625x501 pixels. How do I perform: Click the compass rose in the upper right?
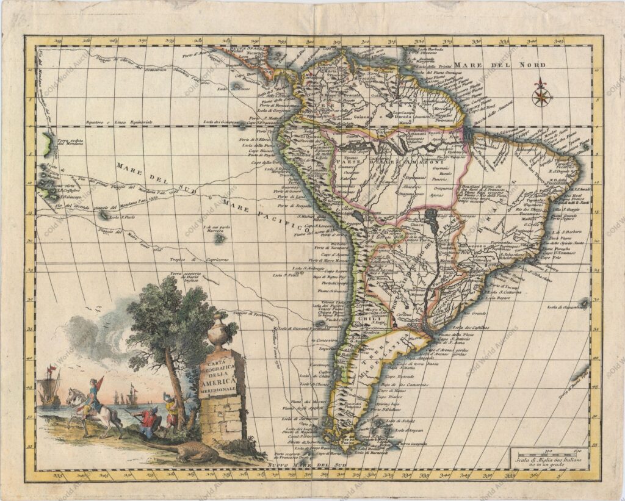(x=541, y=93)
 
